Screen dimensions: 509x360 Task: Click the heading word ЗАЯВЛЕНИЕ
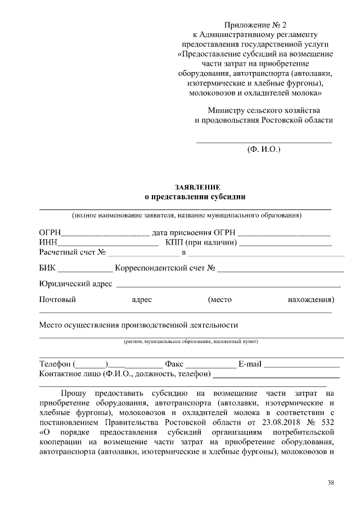197,187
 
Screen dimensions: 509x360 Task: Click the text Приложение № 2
255,25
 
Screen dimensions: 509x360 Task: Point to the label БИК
47,268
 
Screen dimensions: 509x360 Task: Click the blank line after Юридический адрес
228,285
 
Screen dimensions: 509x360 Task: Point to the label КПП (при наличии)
201,243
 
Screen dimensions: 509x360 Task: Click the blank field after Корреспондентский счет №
280,269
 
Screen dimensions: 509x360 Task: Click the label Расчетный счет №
72,253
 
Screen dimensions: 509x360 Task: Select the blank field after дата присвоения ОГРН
283,233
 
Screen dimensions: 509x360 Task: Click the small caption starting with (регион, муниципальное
191,341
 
